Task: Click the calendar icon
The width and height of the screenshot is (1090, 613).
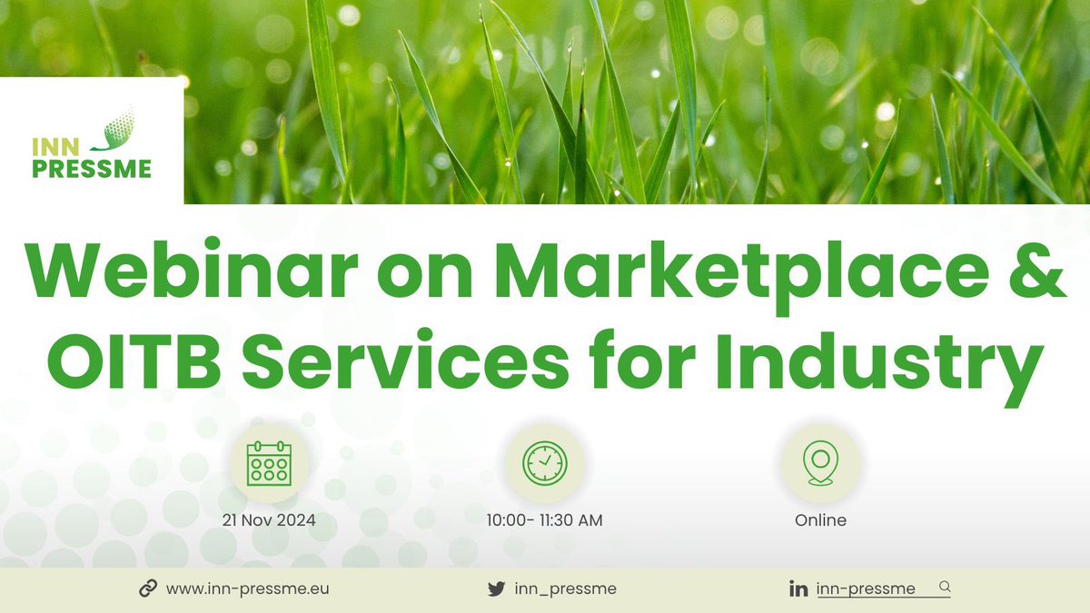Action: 269,463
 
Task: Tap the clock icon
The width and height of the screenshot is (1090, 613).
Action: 544,463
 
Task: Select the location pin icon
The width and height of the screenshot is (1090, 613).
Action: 820,463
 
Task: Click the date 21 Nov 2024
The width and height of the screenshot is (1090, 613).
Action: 269,520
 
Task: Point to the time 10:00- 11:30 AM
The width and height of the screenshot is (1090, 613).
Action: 545,520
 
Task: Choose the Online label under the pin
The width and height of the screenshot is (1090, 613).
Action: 820,520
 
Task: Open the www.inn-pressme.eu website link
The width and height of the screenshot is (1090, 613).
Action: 247,588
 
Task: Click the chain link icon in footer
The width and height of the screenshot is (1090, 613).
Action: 148,588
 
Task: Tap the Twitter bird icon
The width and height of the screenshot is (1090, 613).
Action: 496,588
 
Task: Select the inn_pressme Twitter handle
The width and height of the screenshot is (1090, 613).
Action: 565,588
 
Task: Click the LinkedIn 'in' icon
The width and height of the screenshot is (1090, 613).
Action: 799,589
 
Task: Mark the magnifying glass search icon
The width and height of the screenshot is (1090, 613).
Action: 944,587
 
